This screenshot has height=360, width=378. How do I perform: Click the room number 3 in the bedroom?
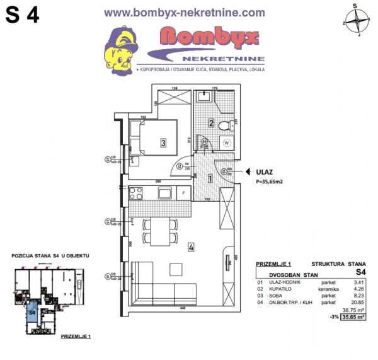163,144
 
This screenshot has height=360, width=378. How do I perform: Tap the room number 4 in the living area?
190,247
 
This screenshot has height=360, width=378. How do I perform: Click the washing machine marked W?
226,142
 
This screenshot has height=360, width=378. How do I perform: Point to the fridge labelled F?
183,192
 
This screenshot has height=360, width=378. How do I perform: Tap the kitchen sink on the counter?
165,192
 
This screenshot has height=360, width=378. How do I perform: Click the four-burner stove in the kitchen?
139,192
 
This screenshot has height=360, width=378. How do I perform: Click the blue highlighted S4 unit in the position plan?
31,313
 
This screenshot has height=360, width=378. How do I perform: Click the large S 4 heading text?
22,16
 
